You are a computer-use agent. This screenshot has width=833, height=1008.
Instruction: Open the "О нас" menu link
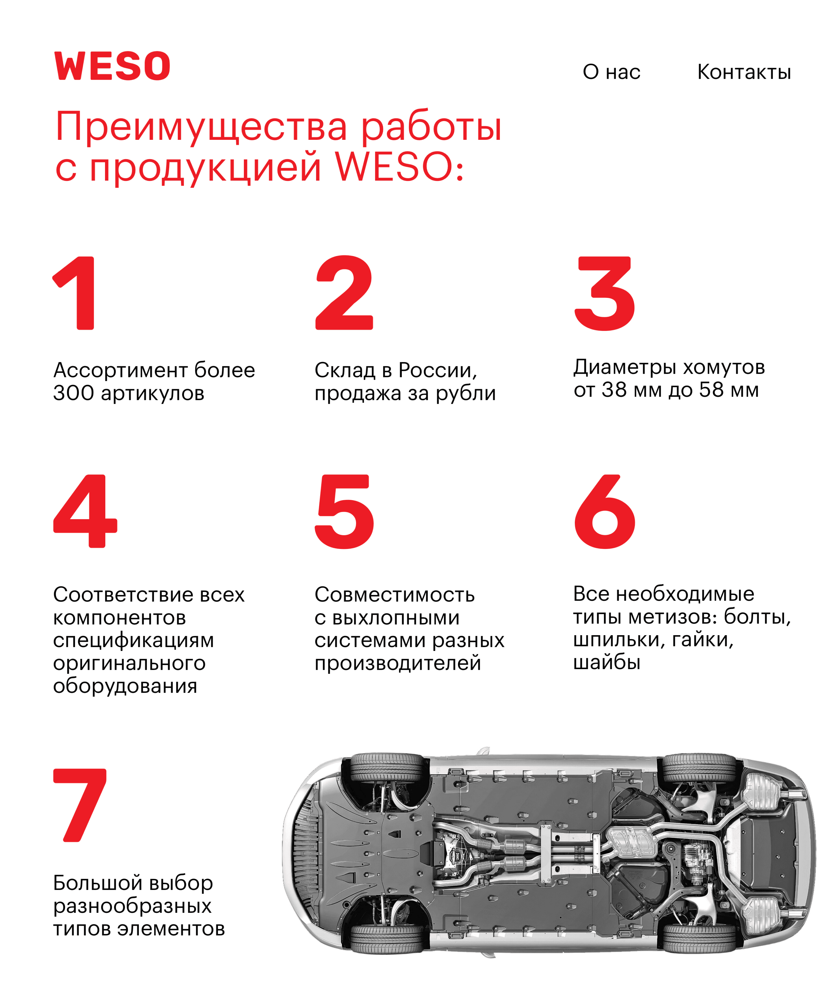[611, 72]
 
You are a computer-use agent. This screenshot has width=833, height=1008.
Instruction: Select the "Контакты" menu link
[744, 72]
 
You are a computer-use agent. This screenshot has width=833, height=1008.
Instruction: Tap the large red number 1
[75, 293]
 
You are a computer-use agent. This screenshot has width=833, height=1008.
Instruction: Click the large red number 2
[344, 292]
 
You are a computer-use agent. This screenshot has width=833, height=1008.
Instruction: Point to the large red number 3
[605, 293]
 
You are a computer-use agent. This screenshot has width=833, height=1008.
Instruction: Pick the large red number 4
[85, 511]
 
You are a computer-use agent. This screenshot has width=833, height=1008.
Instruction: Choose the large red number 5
[344, 511]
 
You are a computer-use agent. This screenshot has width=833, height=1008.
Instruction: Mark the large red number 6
[605, 511]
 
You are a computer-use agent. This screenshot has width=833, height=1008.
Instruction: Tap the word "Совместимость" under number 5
[394, 595]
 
